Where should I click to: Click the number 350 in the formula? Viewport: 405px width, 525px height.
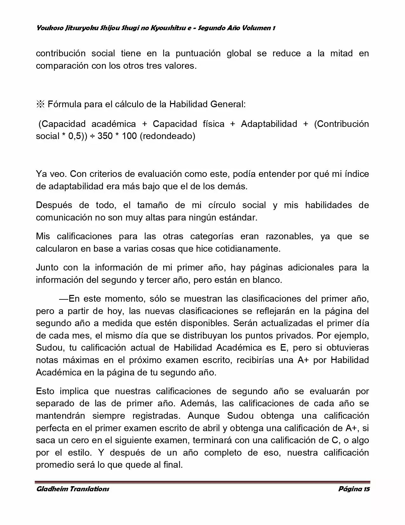(x=105, y=136)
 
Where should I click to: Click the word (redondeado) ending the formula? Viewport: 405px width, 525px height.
(x=167, y=136)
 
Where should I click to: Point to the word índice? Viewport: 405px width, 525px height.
(x=357, y=174)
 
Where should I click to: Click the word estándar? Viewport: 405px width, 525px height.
(x=237, y=218)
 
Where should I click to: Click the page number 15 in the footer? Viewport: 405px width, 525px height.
(x=366, y=489)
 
